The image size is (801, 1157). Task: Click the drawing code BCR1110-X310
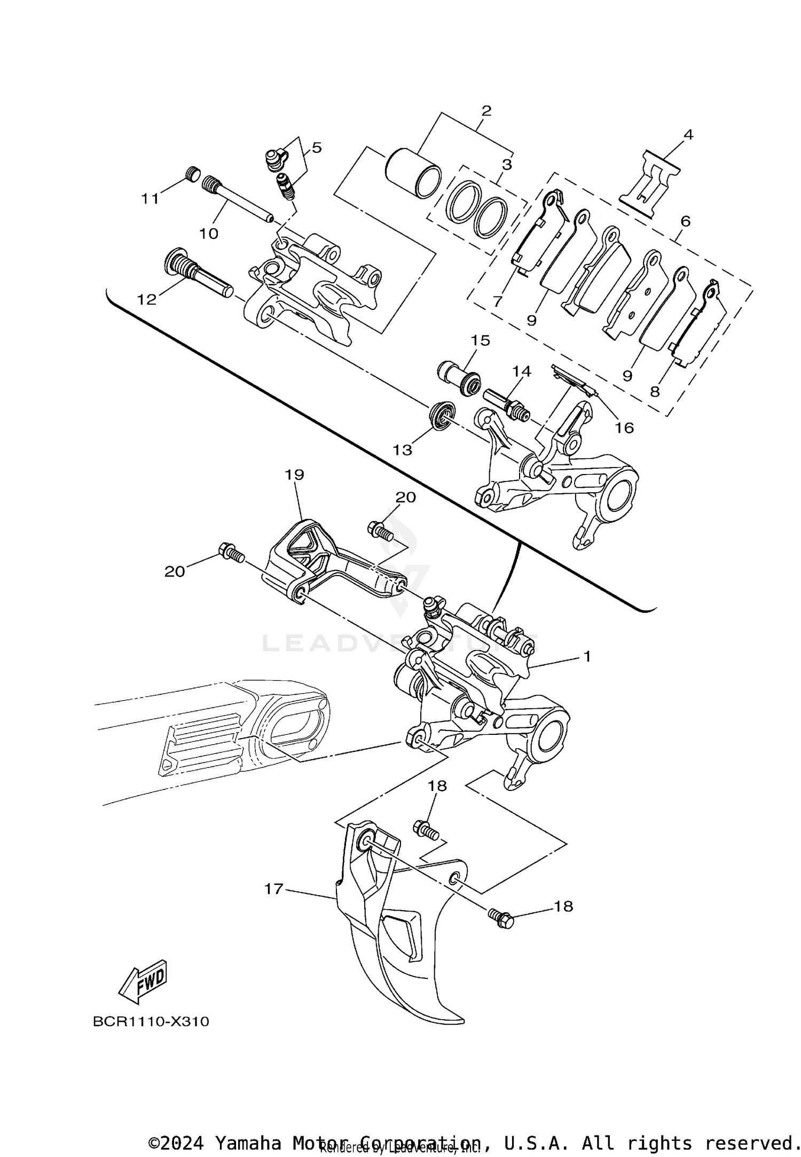[x=151, y=1022]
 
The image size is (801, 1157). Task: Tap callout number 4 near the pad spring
[x=688, y=135]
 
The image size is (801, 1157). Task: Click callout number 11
[x=150, y=199]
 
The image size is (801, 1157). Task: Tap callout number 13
[x=403, y=450]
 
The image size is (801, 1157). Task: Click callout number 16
[x=624, y=428]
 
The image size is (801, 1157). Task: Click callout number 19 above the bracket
[x=294, y=475]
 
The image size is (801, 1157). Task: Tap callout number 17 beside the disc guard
[x=273, y=889]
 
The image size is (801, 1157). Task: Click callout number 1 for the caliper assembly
[x=587, y=656]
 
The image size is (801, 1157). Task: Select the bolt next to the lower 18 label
[x=500, y=919]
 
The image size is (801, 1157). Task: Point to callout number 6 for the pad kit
[x=685, y=221]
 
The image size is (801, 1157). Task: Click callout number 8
[x=655, y=391]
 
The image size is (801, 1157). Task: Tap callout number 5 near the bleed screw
[x=317, y=147]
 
